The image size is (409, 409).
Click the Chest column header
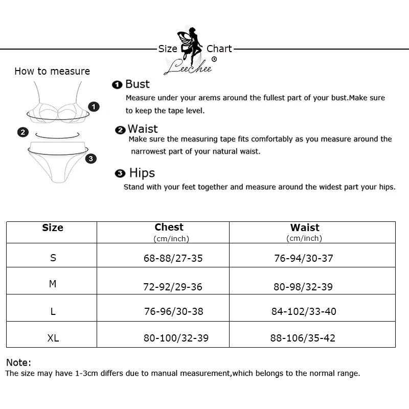tap(169, 228)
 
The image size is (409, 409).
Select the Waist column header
tap(305, 228)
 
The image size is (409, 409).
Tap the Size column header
tap(53, 228)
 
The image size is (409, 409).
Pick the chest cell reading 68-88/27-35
tap(173, 258)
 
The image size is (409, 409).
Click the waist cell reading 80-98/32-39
tap(303, 287)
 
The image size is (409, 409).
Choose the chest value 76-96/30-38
tap(173, 311)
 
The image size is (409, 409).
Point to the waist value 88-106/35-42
tap(303, 338)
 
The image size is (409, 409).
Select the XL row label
tap(53, 338)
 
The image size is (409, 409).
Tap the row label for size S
tap(53, 258)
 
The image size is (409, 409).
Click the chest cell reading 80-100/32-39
tap(176, 338)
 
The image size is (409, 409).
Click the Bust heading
tap(137, 84)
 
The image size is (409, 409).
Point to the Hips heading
tap(142, 173)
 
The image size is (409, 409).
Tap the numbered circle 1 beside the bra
tap(94, 106)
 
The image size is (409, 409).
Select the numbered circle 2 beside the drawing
tap(22, 132)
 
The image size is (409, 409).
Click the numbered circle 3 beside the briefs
tap(91, 158)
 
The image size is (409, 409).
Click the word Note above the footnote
tap(18, 362)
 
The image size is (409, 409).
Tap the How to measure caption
tap(52, 72)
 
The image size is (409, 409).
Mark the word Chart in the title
tap(219, 49)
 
